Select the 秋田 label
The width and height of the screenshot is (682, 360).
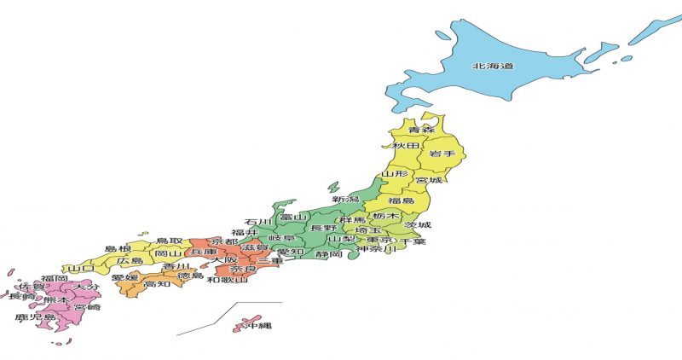click(x=405, y=147)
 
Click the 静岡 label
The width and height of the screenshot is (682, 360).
click(x=328, y=254)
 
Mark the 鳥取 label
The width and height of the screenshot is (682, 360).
click(x=169, y=241)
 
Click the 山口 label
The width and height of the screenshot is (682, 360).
click(x=81, y=268)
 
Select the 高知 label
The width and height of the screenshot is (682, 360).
click(x=157, y=284)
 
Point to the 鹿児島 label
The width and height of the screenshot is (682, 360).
click(x=35, y=318)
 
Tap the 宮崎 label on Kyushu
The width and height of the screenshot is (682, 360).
click(x=86, y=307)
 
